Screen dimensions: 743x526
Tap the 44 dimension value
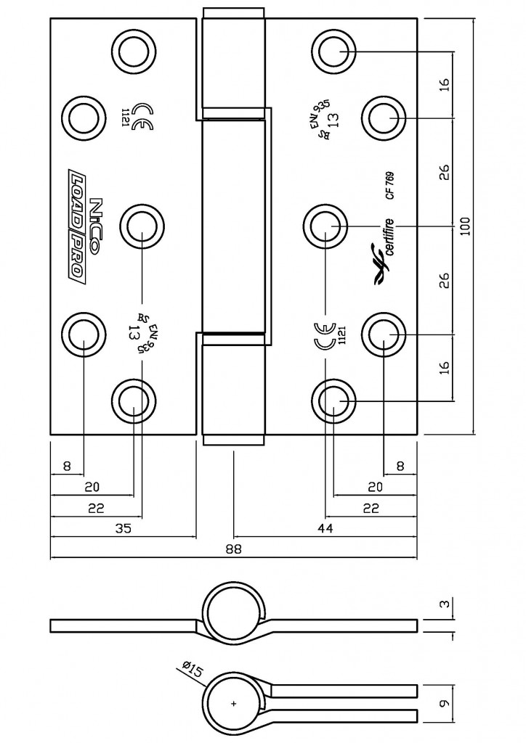pyautogui.click(x=325, y=529)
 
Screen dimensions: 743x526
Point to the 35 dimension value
pyautogui.click(x=123, y=529)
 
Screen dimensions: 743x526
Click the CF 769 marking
pyautogui.click(x=390, y=184)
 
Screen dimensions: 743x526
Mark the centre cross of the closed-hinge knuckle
pyautogui.click(x=233, y=704)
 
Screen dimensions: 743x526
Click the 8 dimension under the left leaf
pyautogui.click(x=67, y=467)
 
